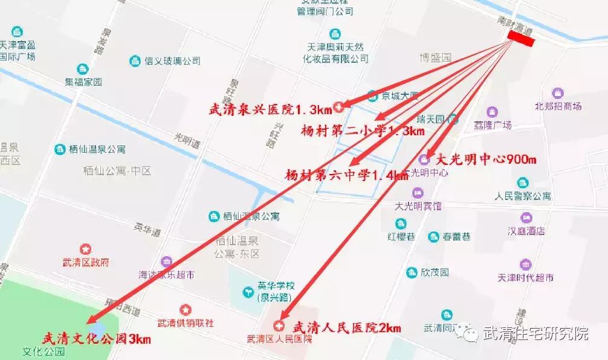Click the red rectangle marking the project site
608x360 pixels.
pos(521,37)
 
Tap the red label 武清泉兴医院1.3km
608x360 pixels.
pos(270,109)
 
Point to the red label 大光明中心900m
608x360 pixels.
pos(486,160)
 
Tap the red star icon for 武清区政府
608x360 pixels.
pos(85,249)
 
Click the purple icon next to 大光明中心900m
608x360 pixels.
pos(425,159)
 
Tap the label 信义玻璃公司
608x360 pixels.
pos(172,60)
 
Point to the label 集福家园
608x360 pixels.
pos(84,82)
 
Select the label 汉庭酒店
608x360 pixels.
pos(526,231)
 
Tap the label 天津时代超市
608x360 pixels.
pos(525,278)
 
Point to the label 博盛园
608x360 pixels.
pos(436,58)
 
